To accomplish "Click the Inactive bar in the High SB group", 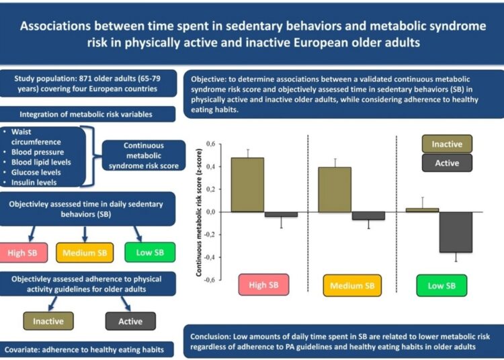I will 247,185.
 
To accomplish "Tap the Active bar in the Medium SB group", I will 368,216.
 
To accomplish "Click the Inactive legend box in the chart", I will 446,144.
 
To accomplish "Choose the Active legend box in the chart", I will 446,163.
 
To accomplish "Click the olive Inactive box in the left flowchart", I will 48,321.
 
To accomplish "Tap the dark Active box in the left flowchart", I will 130,321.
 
